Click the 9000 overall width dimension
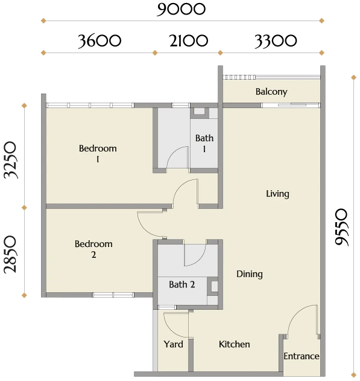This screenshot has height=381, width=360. (x=182, y=9)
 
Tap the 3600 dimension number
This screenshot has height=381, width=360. (x=99, y=40)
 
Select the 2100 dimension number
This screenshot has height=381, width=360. (x=189, y=40)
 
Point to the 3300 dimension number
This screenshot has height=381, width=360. (x=276, y=40)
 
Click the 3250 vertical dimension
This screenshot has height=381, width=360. (x=10, y=160)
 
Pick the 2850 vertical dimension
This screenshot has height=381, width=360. (x=10, y=254)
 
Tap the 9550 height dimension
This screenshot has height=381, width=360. (x=341, y=227)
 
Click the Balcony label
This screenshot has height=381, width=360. (x=271, y=92)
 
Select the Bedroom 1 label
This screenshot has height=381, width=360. (x=98, y=153)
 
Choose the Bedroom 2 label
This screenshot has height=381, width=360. (x=93, y=249)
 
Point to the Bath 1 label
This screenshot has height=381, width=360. (x=204, y=143)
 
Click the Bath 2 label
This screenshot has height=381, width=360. (x=182, y=284)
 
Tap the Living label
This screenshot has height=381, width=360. (x=277, y=194)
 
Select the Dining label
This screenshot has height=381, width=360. (x=250, y=274)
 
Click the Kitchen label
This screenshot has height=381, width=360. (x=235, y=344)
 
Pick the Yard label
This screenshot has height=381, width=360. (x=173, y=344)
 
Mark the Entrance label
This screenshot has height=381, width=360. (x=302, y=356)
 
